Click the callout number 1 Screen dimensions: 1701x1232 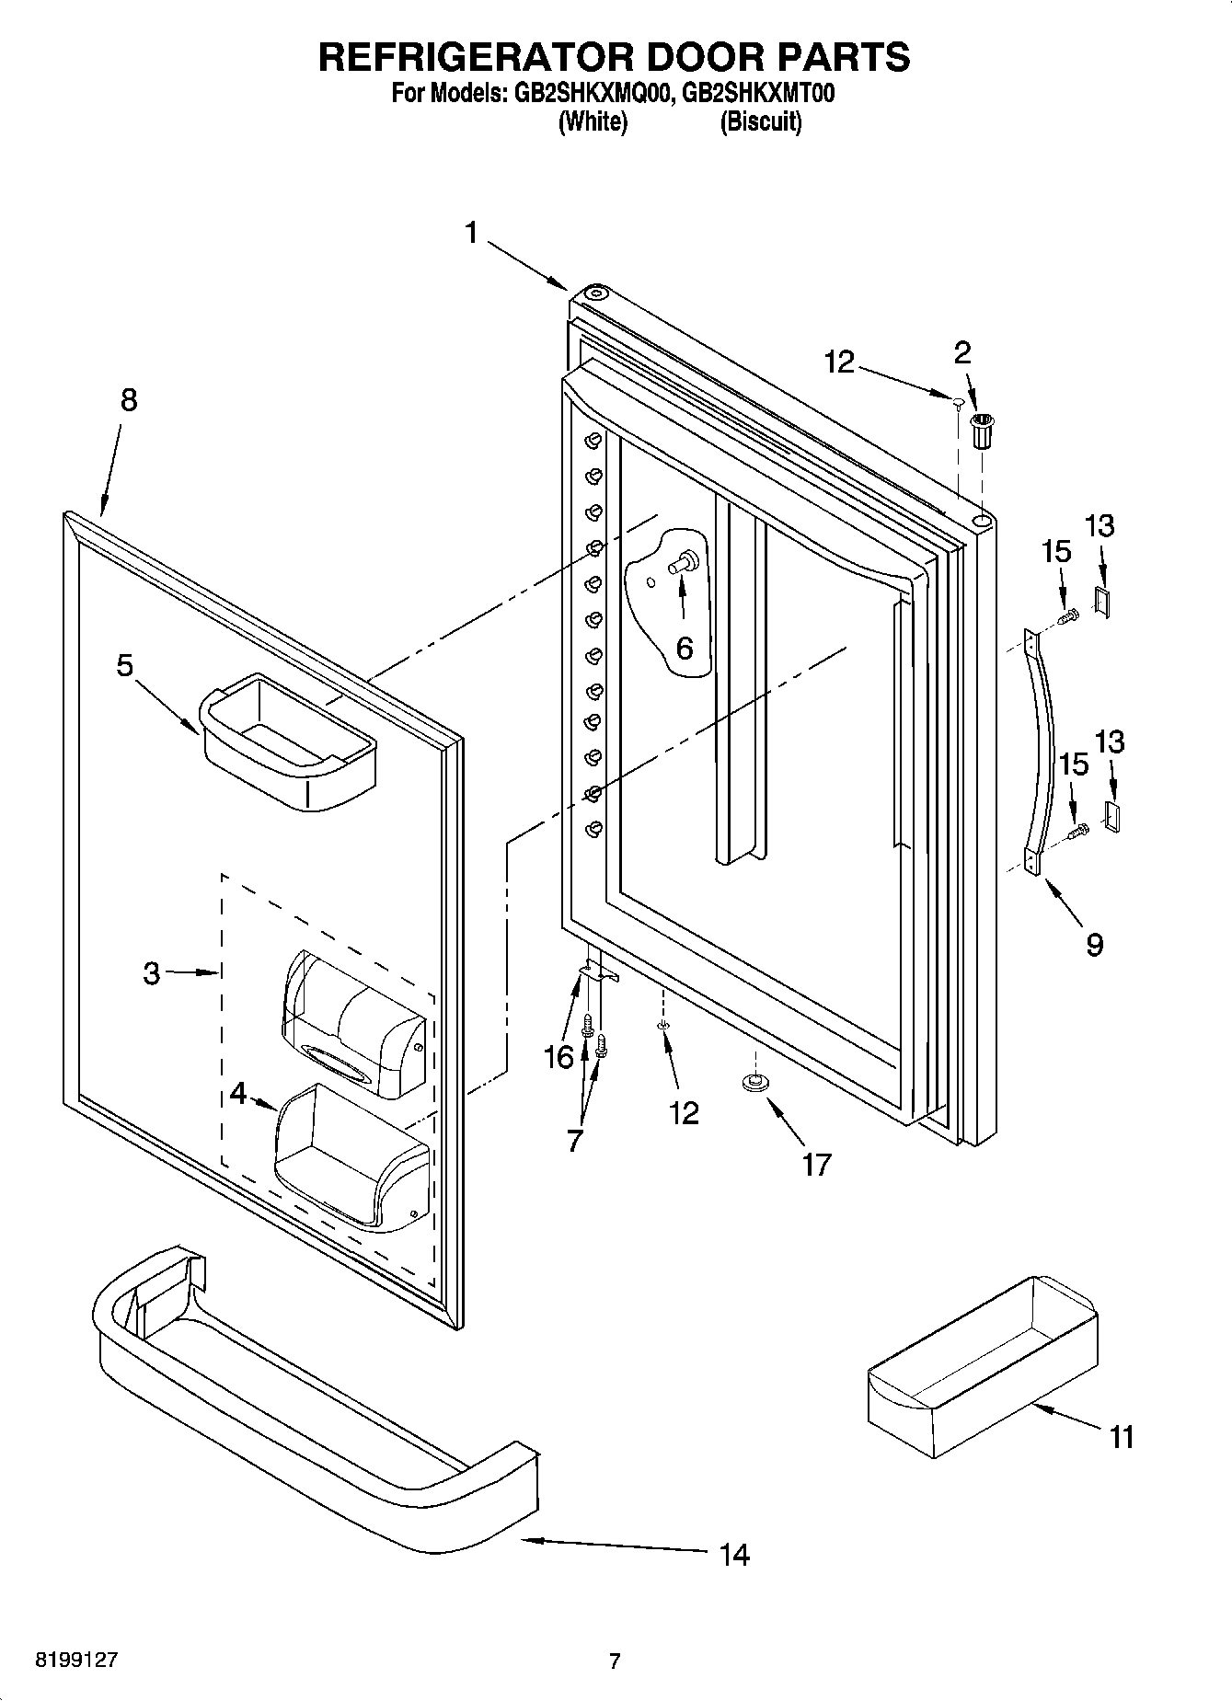pyautogui.click(x=471, y=234)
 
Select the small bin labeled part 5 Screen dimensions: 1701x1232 pyautogui.click(x=287, y=741)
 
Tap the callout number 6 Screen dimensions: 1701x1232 pyautogui.click(x=685, y=648)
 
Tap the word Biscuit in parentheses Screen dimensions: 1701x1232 pyautogui.click(x=760, y=121)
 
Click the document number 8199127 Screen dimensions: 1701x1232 pyautogui.click(x=76, y=1661)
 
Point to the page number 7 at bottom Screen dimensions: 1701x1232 pyautogui.click(x=615, y=1661)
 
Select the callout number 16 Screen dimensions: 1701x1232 pyautogui.click(x=558, y=1057)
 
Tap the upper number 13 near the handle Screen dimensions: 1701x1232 pyautogui.click(x=1100, y=526)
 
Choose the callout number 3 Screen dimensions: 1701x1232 pyautogui.click(x=152, y=972)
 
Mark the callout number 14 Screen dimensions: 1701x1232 pyautogui.click(x=734, y=1555)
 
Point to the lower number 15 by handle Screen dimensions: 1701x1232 pyautogui.click(x=1074, y=764)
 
